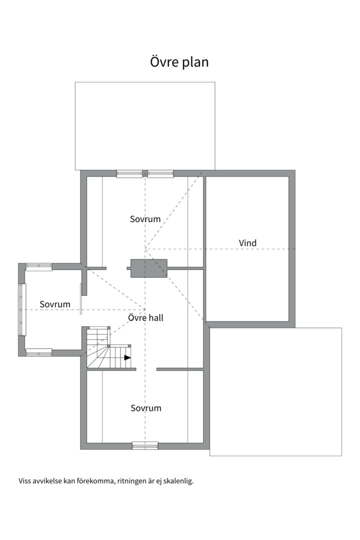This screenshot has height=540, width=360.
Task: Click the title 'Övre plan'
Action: [179, 62]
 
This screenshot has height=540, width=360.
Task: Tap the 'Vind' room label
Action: [247, 243]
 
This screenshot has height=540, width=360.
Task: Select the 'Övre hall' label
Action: [145, 317]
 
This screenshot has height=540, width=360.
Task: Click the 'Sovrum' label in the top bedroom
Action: [145, 219]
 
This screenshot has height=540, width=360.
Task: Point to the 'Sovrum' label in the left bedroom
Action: [55, 304]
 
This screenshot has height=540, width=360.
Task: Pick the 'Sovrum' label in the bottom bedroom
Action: [146, 408]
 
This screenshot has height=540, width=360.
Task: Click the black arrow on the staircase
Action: [127, 357]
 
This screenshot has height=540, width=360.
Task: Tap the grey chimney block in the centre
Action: [147, 268]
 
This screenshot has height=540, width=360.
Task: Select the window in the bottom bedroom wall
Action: [145, 446]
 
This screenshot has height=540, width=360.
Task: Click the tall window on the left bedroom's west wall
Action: [22, 309]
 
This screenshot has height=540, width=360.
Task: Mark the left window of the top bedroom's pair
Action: [129, 173]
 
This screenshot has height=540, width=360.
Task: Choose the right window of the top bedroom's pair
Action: [161, 173]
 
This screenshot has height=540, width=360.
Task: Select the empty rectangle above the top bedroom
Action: [145, 125]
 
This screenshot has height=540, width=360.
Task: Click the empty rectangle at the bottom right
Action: [276, 392]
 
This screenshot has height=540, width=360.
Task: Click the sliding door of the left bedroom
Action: [81, 298]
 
